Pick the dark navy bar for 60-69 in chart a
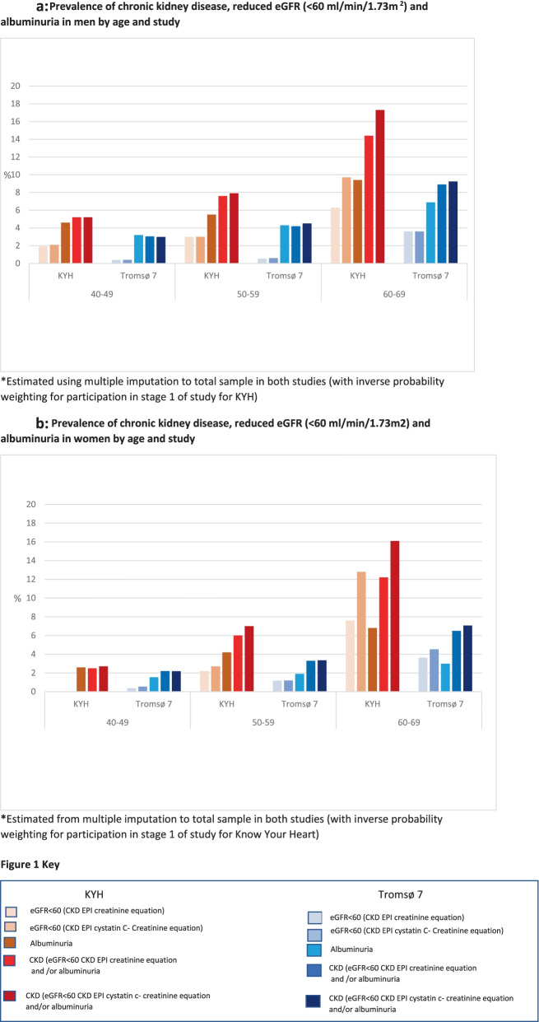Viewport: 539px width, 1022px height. (x=476, y=222)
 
